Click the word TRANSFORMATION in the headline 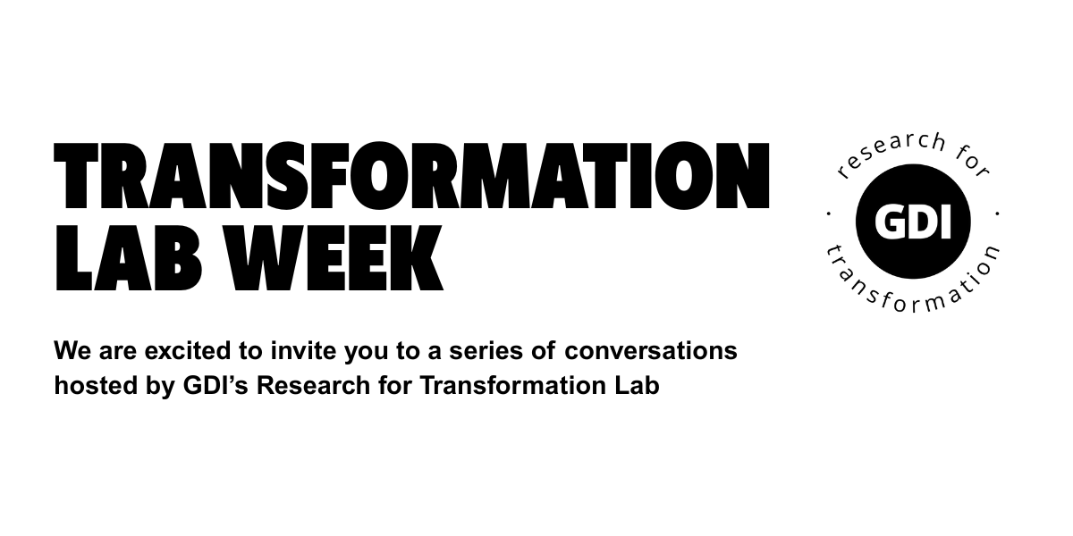[411, 176]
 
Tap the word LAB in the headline [127, 258]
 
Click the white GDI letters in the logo [913, 222]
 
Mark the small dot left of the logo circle [829, 214]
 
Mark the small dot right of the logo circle [997, 214]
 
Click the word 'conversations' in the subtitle [651, 351]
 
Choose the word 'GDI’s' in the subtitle [215, 385]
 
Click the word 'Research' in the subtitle [314, 385]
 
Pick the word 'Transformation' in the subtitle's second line [511, 385]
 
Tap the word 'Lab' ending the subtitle [637, 385]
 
